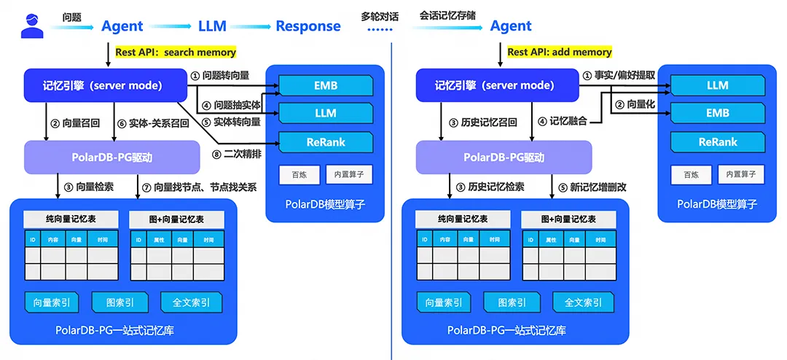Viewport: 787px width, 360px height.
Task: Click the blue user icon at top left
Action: pyautogui.click(x=32, y=26)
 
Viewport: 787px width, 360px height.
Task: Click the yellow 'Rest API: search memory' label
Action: pyautogui.click(x=176, y=52)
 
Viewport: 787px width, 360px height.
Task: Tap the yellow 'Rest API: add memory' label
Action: pyautogui.click(x=560, y=52)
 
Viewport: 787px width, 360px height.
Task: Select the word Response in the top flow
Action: pyautogui.click(x=308, y=26)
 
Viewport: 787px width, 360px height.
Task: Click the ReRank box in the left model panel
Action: pyautogui.click(x=326, y=142)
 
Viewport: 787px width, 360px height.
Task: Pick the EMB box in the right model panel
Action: pyautogui.click(x=718, y=113)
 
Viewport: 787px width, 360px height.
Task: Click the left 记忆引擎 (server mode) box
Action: pyautogui.click(x=103, y=86)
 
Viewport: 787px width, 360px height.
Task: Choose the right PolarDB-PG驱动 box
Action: pyautogui.click(x=504, y=157)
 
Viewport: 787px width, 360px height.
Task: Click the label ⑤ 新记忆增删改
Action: pyautogui.click(x=590, y=187)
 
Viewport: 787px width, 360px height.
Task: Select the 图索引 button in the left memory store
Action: pyautogui.click(x=120, y=302)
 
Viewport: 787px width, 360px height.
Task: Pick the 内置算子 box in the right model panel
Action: pyautogui.click(x=741, y=174)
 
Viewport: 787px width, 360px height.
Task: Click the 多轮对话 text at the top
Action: pyautogui.click(x=380, y=15)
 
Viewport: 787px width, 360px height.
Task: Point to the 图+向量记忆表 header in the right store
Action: pyautogui.click(x=568, y=219)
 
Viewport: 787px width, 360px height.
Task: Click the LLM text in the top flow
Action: pyautogui.click(x=212, y=26)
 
